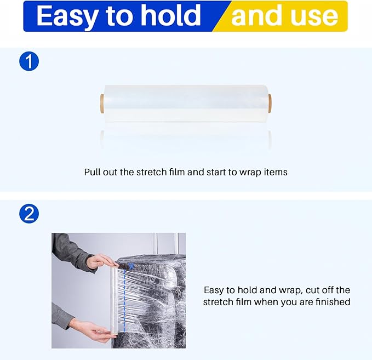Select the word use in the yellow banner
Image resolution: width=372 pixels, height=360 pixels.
pos(314,16)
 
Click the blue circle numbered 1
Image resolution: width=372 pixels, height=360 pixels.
pos(29,61)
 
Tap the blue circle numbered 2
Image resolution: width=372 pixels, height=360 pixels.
pos(29,213)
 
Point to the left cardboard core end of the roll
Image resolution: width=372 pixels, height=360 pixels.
pos(102,102)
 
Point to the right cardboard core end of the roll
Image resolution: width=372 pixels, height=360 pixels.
pos(269,102)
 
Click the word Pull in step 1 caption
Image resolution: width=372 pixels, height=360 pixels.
pos(93,172)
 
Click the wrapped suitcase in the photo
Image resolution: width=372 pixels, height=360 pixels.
pos(159,301)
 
